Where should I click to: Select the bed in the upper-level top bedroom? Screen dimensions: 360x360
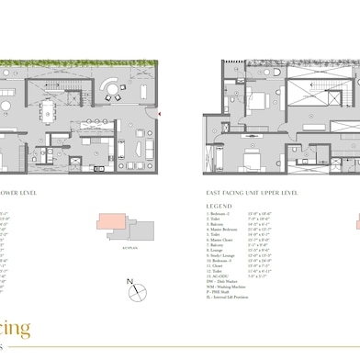[253, 101]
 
